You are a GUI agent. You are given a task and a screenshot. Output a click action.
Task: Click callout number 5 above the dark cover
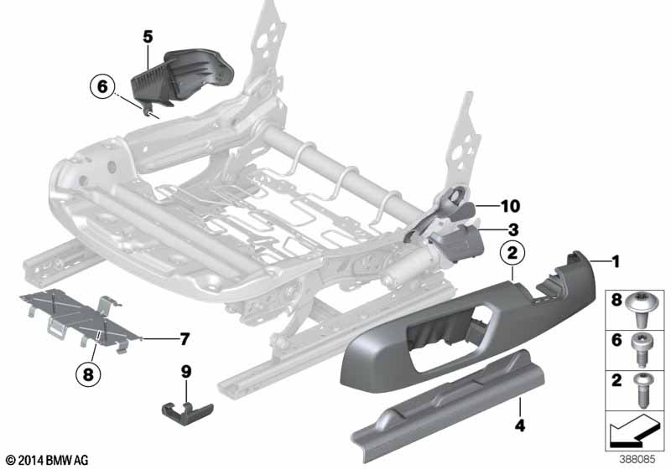148,37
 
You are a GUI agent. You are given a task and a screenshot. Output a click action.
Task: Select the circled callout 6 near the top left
102,87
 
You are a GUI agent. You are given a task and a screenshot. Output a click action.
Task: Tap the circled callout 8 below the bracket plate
88,374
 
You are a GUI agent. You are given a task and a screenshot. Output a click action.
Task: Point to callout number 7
185,339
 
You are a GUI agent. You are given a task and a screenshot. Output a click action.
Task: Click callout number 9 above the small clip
186,371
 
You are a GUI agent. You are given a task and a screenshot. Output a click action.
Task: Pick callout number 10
510,206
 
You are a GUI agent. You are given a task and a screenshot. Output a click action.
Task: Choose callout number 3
513,229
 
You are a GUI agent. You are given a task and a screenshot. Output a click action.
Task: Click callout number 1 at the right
616,261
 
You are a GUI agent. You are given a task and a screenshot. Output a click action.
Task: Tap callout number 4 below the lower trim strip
520,425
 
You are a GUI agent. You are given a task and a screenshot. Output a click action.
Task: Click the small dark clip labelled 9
187,413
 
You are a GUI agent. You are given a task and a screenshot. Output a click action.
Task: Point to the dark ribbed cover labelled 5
181,79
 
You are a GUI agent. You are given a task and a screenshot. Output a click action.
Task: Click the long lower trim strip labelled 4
447,405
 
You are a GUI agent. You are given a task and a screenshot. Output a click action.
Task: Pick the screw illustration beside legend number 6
641,350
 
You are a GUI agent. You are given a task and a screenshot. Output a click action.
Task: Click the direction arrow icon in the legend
633,430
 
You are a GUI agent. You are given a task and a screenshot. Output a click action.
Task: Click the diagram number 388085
637,460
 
